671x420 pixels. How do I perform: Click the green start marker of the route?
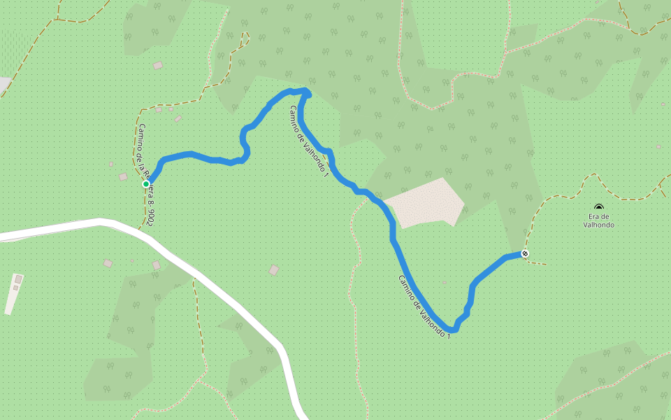146,184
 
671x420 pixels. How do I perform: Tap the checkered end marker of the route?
525,253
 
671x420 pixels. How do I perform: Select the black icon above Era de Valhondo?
598,207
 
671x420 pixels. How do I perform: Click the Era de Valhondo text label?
599,220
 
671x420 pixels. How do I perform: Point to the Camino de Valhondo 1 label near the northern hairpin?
308,141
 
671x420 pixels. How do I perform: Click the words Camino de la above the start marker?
142,147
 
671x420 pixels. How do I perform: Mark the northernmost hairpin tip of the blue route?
307,91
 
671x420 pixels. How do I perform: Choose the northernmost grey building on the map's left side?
158,66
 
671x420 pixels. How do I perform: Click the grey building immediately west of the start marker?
123,177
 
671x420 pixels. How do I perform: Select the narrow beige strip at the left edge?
13,294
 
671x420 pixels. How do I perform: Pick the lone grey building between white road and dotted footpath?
274,269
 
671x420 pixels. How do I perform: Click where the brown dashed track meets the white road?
145,229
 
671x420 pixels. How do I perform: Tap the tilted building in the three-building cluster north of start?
178,118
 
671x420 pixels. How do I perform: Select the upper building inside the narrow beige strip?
18,279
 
